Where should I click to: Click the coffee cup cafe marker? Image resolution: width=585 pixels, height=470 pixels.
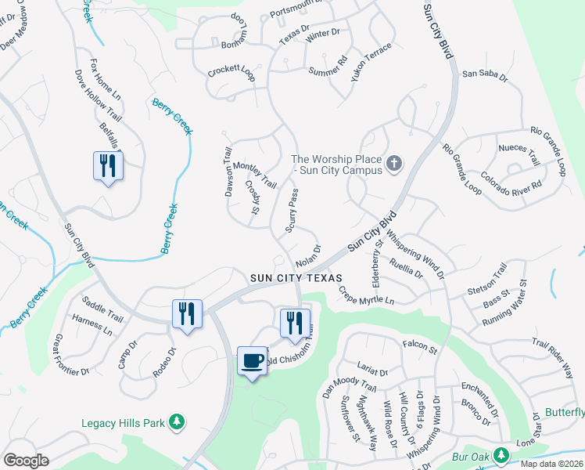252,360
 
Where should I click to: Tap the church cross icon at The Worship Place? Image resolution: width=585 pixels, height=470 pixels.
394,164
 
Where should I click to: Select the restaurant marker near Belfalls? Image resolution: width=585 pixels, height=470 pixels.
108,165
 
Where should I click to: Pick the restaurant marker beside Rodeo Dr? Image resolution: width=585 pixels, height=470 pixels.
187,313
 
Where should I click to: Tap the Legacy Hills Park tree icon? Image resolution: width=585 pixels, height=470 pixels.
178,422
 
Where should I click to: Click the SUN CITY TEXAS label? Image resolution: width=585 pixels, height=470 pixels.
296,278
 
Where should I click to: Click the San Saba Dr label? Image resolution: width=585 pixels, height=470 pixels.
485,75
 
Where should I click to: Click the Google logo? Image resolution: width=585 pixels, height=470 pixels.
26,460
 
